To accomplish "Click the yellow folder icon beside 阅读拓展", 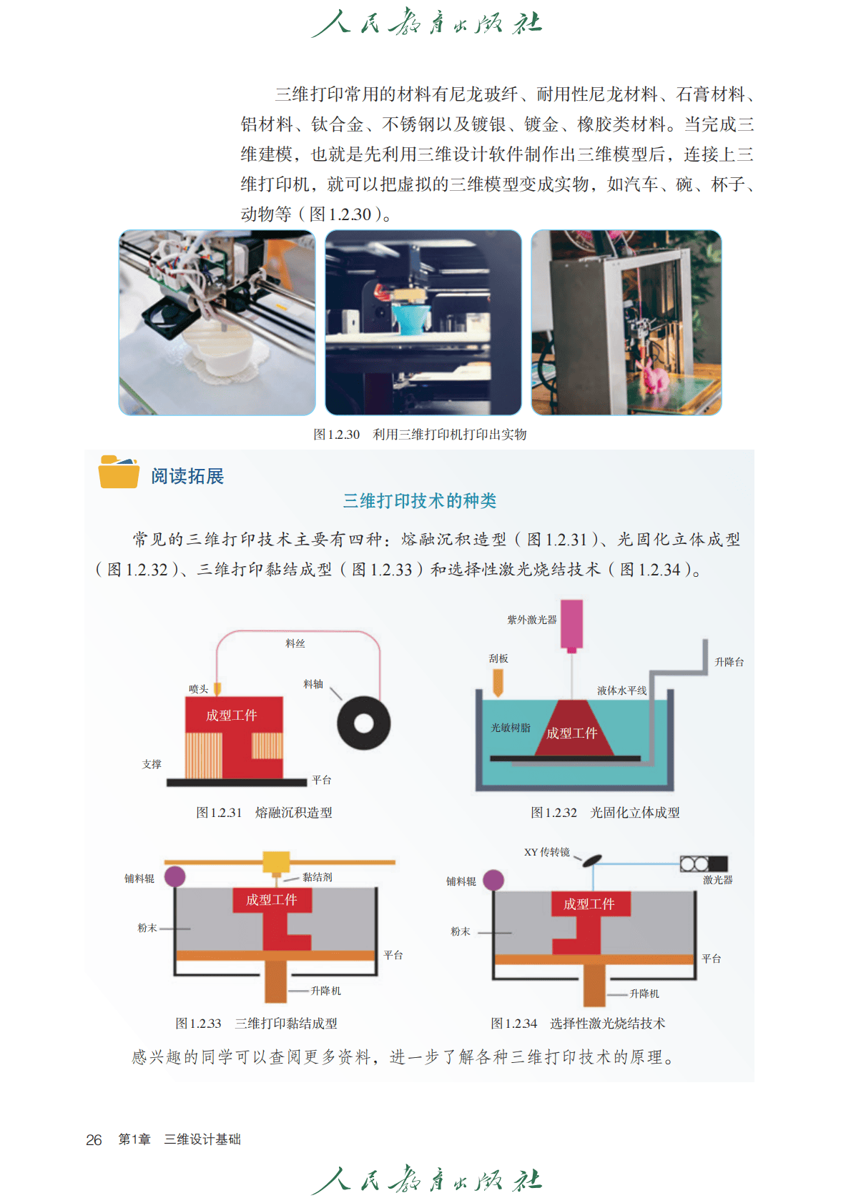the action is tap(118, 472).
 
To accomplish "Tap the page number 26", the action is tap(94, 1139).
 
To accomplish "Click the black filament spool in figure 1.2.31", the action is tap(364, 723).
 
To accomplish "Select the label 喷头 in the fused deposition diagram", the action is tap(198, 689).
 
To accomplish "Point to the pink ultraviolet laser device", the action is tap(571, 626).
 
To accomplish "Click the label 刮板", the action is tap(498, 658).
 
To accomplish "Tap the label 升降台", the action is tap(729, 662).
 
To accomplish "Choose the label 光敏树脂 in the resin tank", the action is tap(511, 728).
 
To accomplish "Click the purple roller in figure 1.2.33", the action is tap(174, 876).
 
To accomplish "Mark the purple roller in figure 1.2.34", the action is tap(493, 880).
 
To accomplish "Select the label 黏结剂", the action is tap(317, 877).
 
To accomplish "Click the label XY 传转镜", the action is tap(547, 852).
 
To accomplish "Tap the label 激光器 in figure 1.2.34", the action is tap(718, 880).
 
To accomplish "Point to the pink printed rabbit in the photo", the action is tap(651, 374).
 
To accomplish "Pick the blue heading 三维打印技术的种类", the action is tap(420, 500).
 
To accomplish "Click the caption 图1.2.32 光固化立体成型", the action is tap(605, 813).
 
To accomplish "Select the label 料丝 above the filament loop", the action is tap(295, 643).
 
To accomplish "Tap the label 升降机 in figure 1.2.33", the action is tap(325, 991).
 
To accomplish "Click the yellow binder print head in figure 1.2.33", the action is tap(276, 863).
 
